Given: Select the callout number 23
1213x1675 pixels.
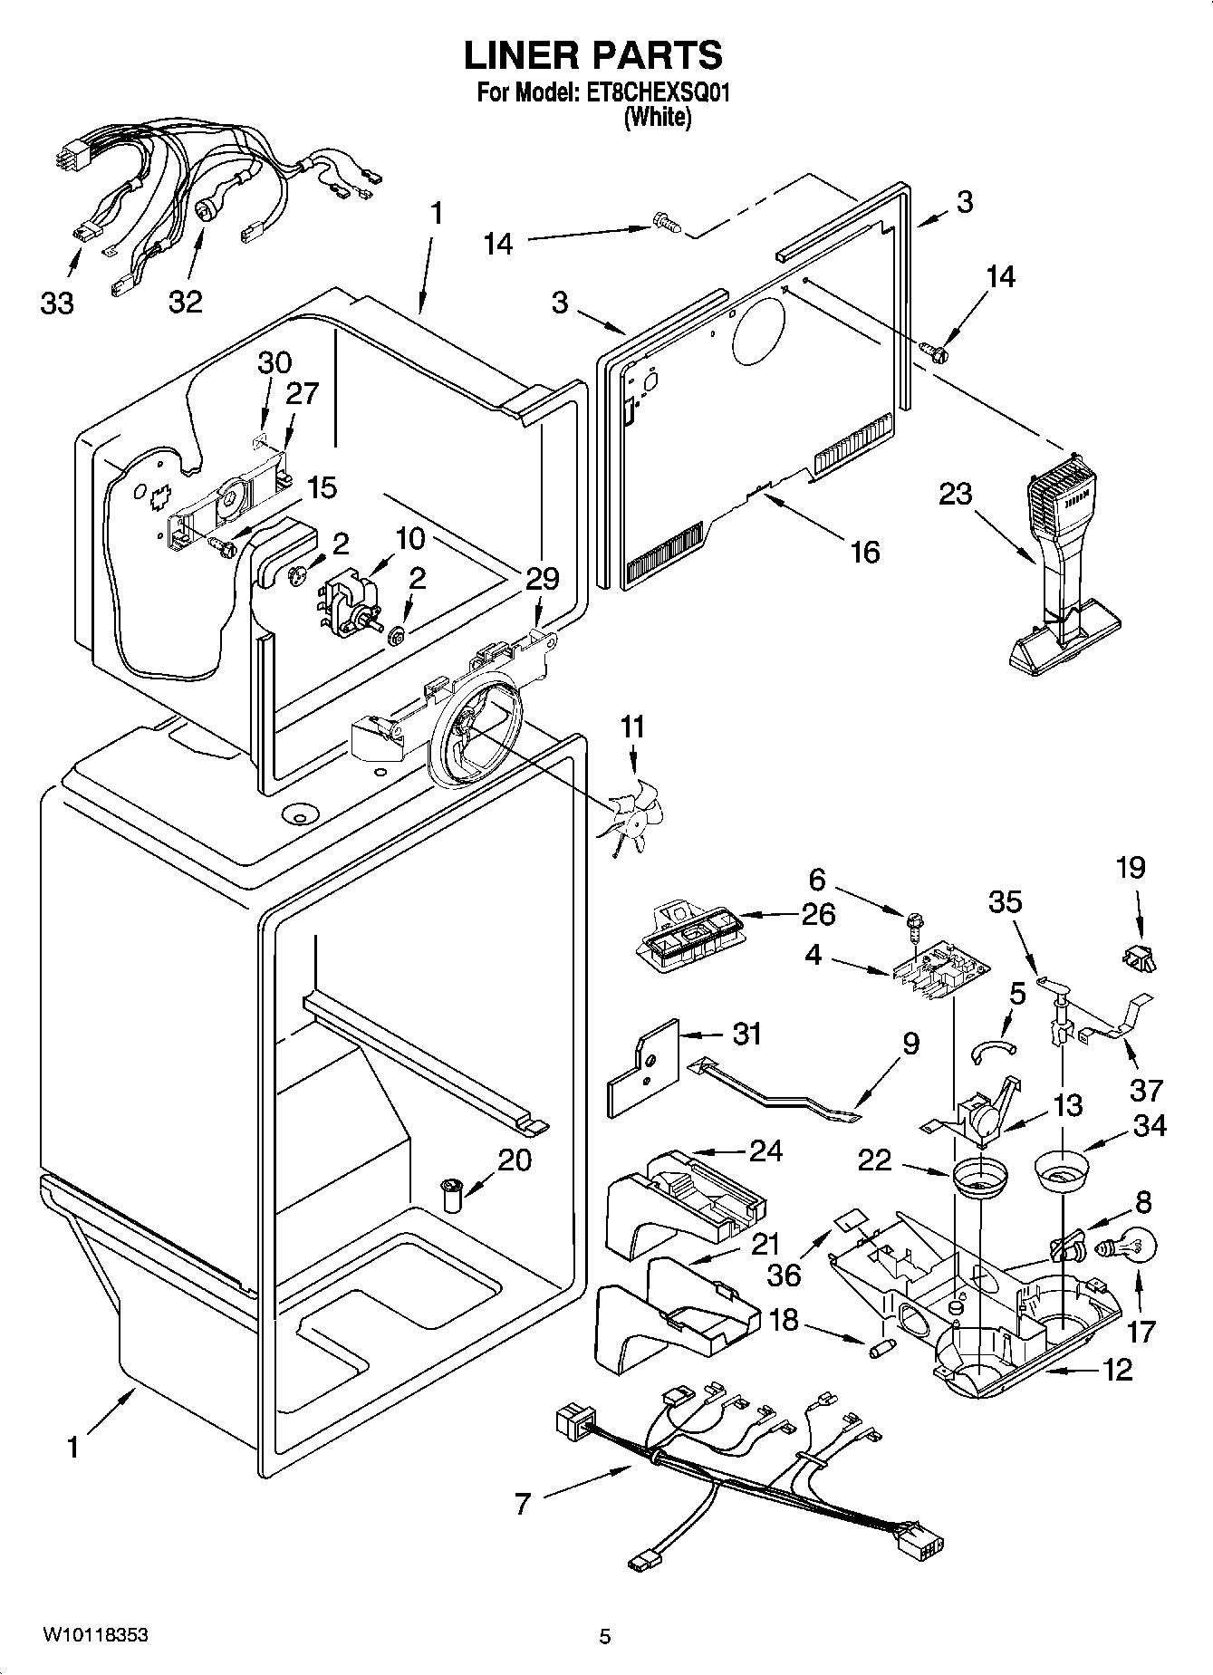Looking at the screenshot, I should (955, 494).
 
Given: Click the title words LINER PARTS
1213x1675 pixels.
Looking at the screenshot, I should (593, 55).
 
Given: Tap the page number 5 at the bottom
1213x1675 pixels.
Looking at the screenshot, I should (604, 1636).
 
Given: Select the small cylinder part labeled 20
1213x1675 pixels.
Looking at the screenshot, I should (451, 1193).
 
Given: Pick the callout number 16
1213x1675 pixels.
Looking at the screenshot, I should (865, 551).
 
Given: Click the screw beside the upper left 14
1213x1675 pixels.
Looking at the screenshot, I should (666, 220).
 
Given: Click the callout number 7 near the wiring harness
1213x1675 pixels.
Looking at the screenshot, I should (523, 1505).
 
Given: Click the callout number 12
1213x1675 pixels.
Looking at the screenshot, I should (1118, 1370).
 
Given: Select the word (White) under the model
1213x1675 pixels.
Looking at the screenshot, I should (658, 118).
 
